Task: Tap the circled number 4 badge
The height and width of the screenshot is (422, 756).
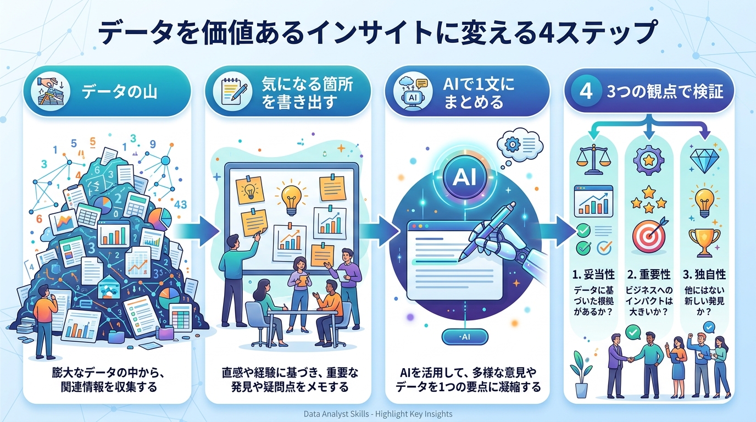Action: point(586,92)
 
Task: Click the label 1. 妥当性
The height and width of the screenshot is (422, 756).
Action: point(593,274)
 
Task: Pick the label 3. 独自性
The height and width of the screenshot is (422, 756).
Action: point(704,274)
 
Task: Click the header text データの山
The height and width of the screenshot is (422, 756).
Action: point(119,91)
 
